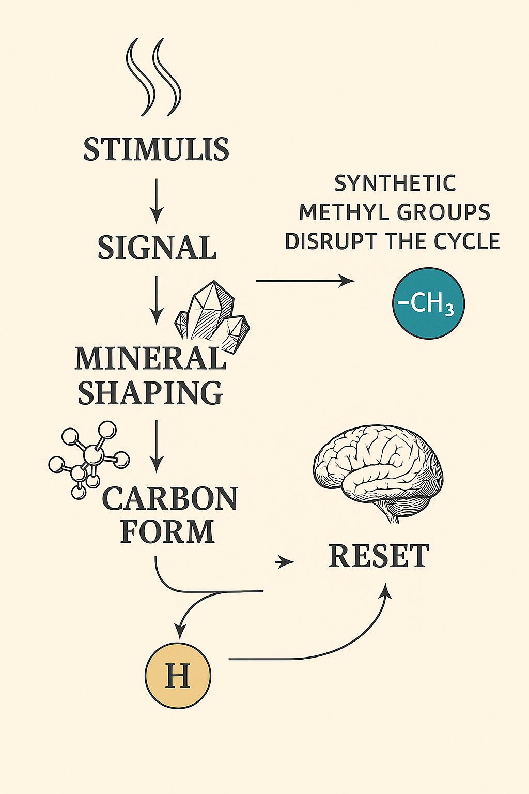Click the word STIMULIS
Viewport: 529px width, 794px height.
(x=156, y=149)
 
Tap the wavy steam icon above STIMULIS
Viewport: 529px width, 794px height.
(x=154, y=78)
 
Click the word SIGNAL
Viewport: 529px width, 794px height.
(x=157, y=248)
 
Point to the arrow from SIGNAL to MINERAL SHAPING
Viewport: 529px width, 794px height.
(x=156, y=299)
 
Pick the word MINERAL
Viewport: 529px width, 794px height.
(x=150, y=358)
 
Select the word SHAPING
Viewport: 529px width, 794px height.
(x=150, y=393)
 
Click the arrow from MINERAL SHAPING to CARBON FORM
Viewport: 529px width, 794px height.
(x=156, y=446)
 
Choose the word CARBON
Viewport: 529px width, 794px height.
(x=169, y=499)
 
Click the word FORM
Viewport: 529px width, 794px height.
(x=167, y=531)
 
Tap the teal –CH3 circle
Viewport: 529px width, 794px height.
(x=428, y=303)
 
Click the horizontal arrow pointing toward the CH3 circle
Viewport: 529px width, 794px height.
(x=305, y=281)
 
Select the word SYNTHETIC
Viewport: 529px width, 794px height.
(x=395, y=184)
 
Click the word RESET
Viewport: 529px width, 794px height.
(x=379, y=556)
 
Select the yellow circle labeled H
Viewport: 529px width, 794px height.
(x=178, y=675)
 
